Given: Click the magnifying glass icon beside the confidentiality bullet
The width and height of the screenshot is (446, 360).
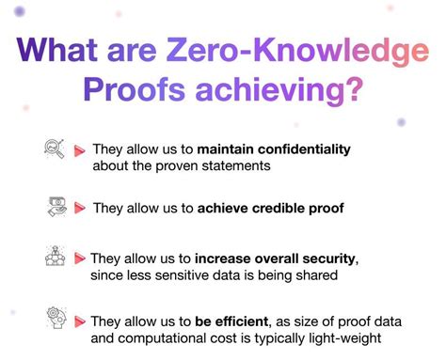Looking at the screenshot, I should [x=53, y=148].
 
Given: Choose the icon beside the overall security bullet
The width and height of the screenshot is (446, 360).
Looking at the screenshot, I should [x=54, y=256].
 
